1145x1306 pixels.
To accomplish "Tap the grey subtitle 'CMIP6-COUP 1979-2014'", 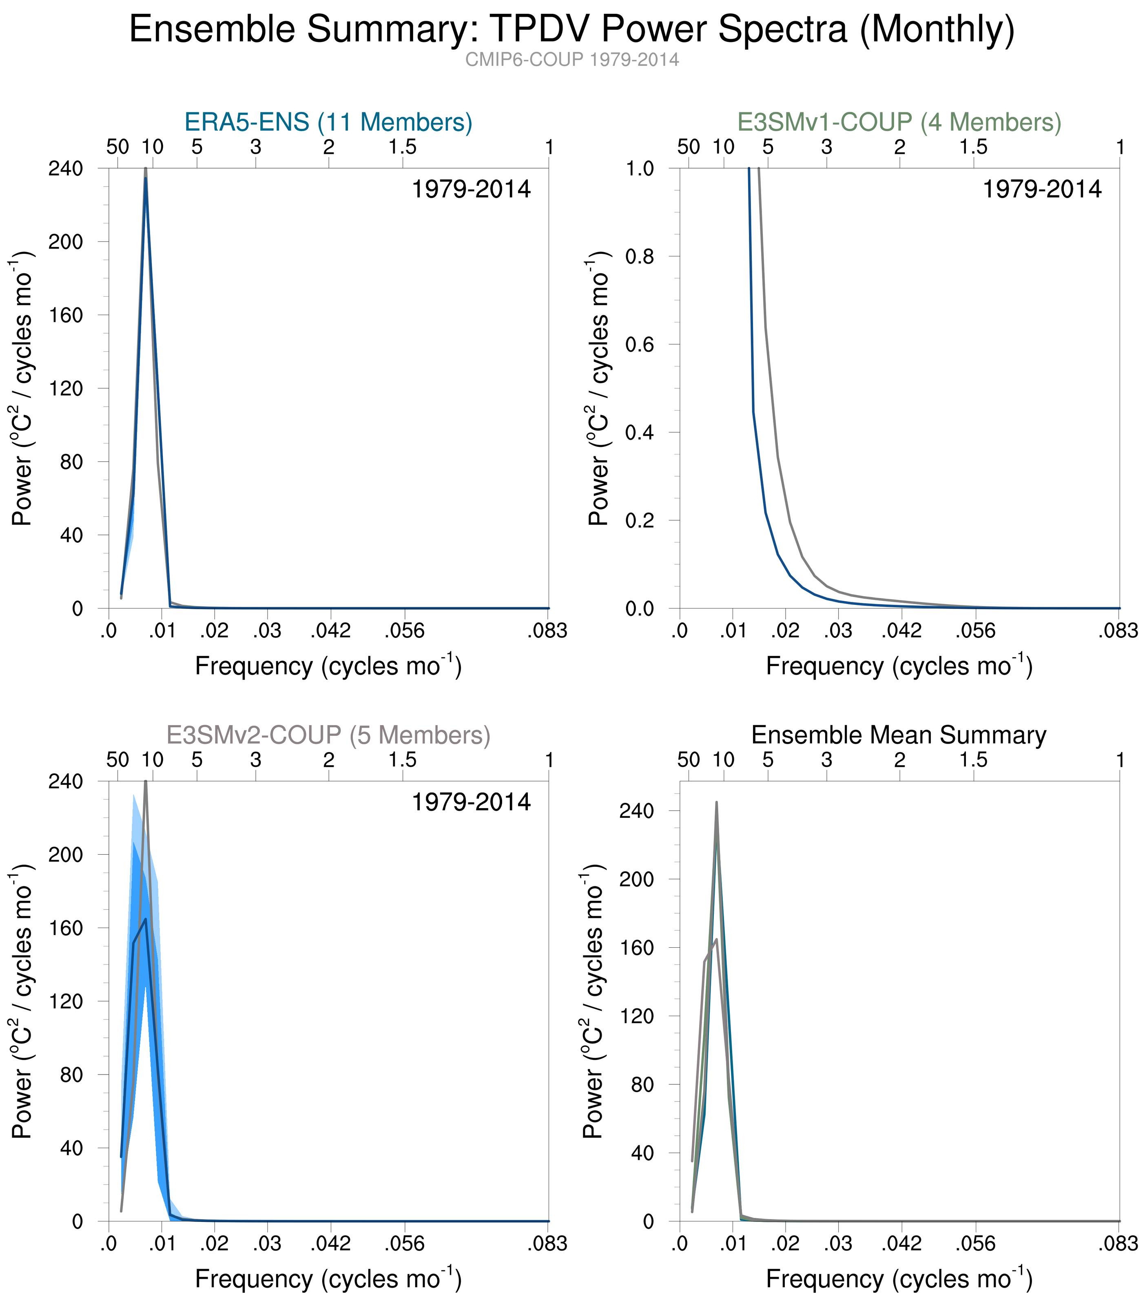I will (571, 60).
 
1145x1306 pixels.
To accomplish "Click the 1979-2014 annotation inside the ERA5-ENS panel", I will (471, 190).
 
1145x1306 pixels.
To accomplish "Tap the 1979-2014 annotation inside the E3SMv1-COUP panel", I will (1041, 190).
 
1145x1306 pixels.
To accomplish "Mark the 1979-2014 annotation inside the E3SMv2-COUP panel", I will (471, 802).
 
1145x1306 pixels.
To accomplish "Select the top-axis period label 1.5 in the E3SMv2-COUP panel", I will (402, 760).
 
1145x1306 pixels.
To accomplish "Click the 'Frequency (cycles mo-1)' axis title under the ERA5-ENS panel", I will (328, 666).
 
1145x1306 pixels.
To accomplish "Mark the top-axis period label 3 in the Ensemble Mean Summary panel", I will (826, 760).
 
